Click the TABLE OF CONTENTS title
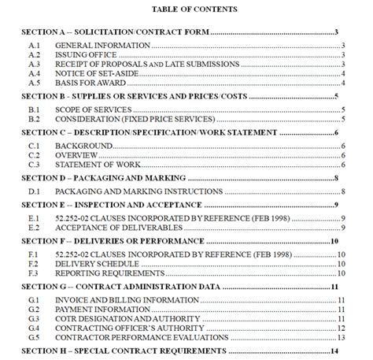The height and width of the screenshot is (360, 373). pos(186,10)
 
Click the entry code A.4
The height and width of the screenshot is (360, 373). pos(34,72)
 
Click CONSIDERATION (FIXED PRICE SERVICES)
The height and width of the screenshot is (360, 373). pos(135,120)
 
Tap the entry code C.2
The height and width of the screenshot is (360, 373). pos(34,156)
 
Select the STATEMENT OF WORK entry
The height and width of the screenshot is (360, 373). pos(98,165)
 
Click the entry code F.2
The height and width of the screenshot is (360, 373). pos(34,265)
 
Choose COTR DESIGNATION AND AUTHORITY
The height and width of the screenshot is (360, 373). pos(119,319)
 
